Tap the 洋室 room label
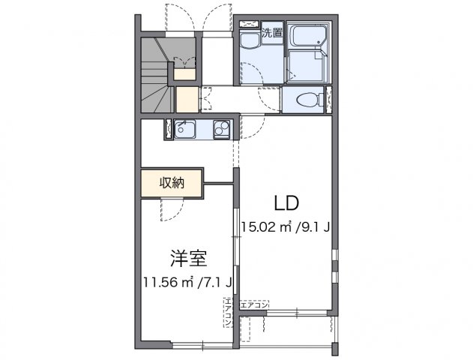point(187,257)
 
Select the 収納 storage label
point(171,181)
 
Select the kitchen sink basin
point(185,130)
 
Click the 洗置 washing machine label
point(271,33)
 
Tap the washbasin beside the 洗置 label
point(248,41)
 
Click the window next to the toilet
point(328,99)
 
